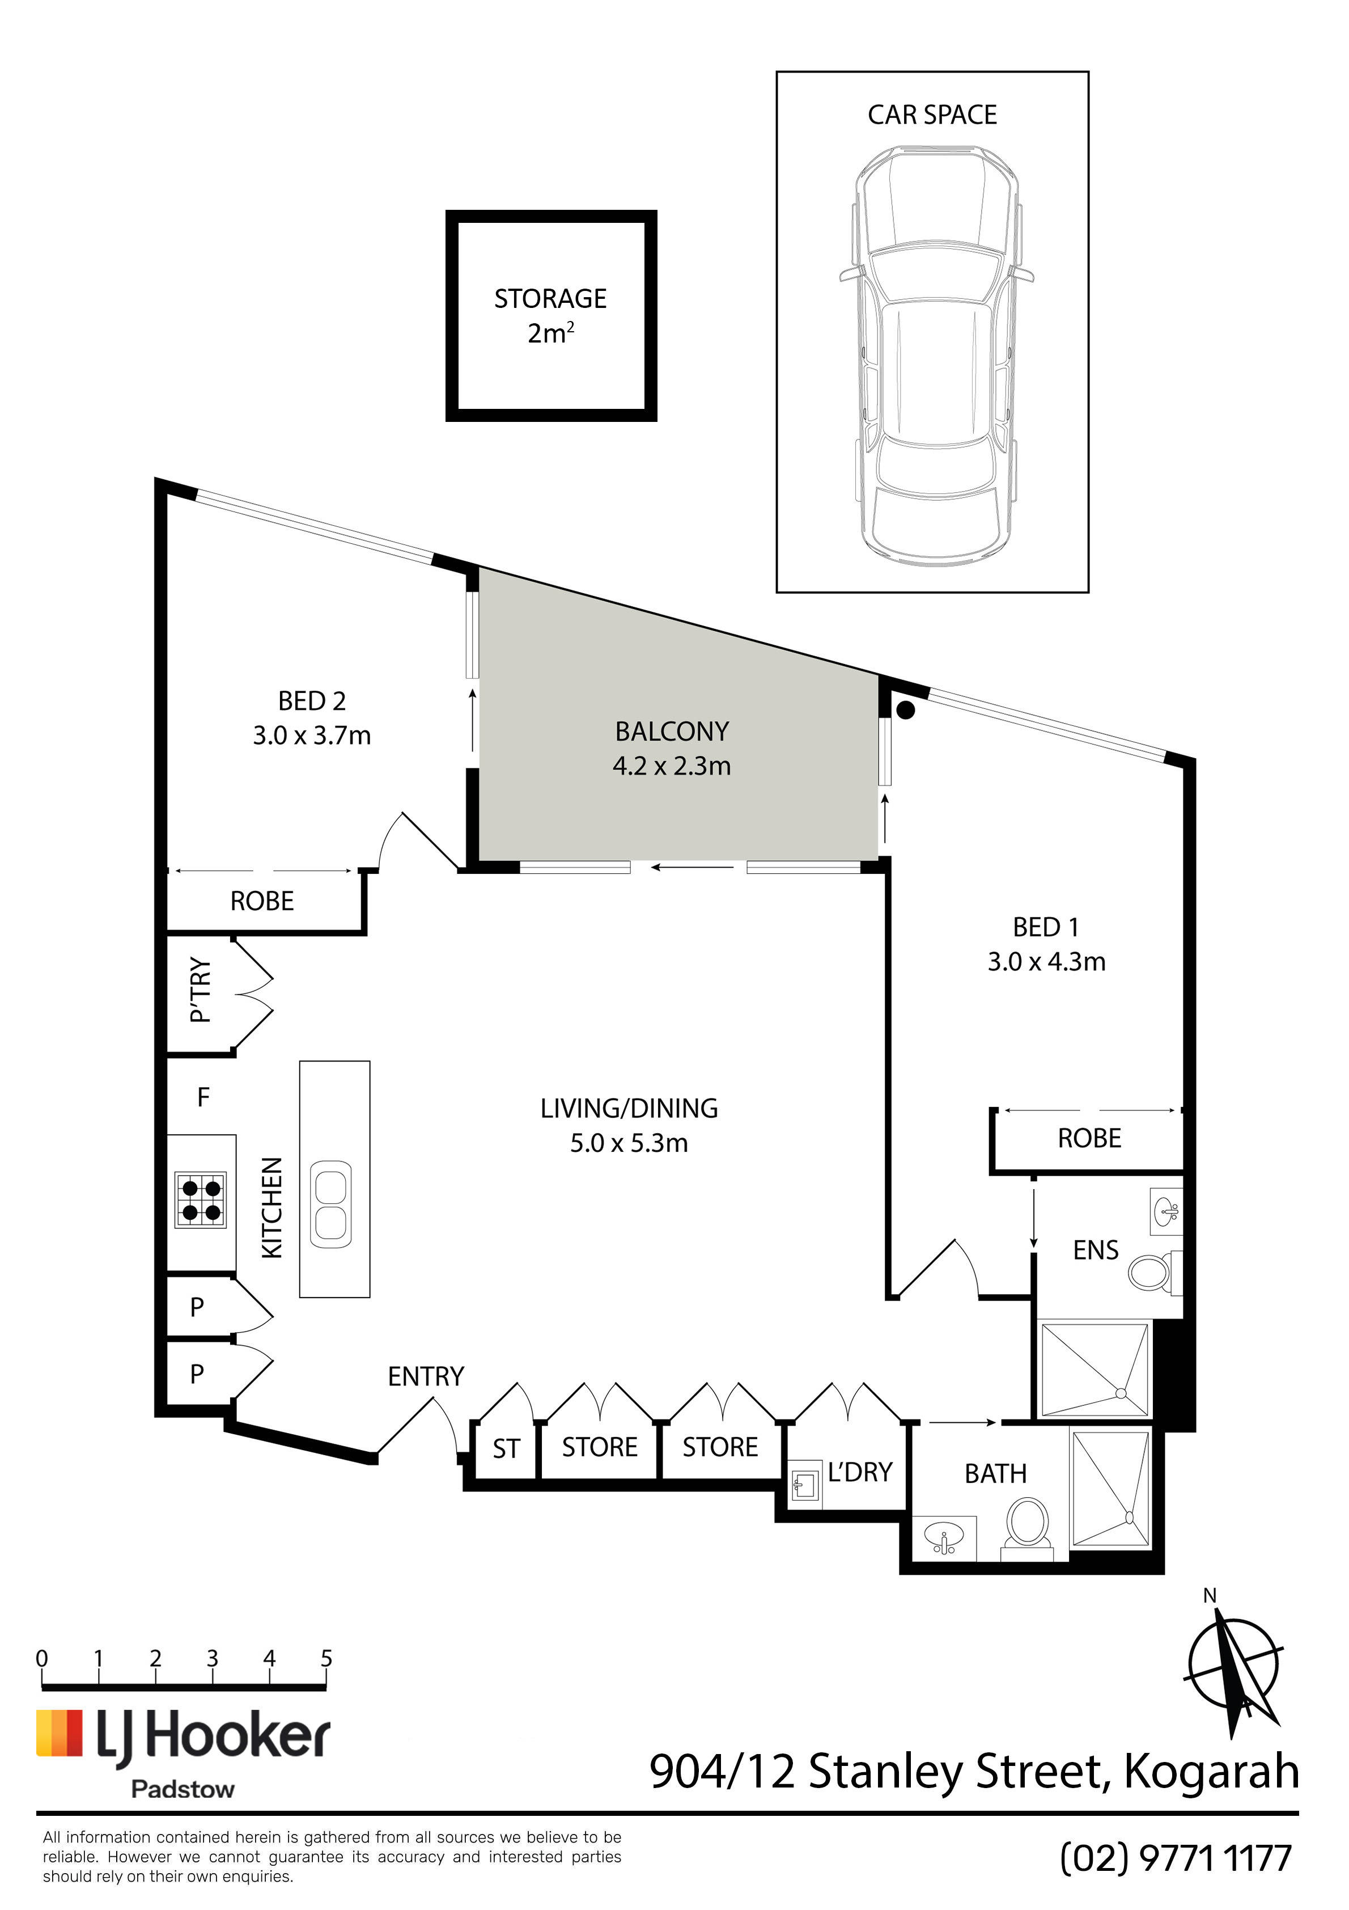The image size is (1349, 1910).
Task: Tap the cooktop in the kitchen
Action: (201, 1199)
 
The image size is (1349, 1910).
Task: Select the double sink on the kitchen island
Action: (331, 1204)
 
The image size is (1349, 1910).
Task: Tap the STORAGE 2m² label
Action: (550, 315)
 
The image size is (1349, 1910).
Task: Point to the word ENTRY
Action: (426, 1377)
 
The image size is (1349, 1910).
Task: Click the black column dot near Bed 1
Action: (906, 709)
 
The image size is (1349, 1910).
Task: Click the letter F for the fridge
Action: (203, 1097)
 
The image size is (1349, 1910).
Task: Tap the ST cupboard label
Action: (506, 1449)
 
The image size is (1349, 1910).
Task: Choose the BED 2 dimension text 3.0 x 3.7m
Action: (312, 736)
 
